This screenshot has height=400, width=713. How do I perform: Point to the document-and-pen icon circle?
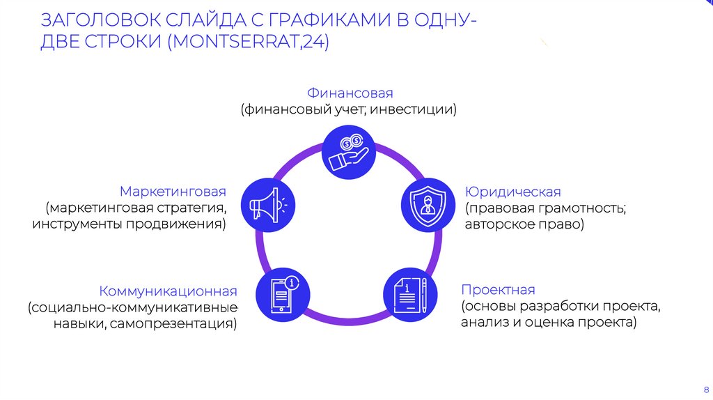pyautogui.click(x=411, y=293)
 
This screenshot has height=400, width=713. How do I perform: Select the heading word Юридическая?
pyautogui.click(x=512, y=192)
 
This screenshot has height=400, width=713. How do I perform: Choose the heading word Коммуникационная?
pyautogui.click(x=168, y=291)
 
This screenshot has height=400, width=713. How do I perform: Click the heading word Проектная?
pyautogui.click(x=497, y=290)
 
